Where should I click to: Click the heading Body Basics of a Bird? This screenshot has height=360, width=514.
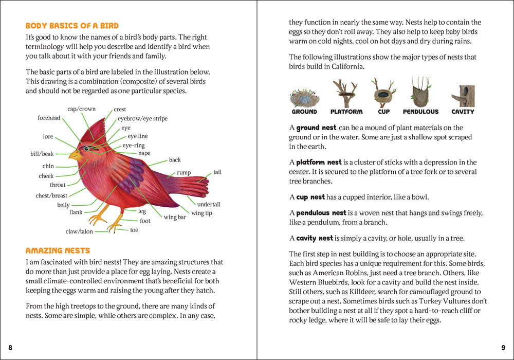coord(72,26)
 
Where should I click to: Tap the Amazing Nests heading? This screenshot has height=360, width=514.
coord(58,250)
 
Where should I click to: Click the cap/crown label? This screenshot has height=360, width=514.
coord(81,109)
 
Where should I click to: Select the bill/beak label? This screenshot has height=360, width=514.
coord(42,154)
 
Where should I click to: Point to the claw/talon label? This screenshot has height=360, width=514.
coord(79,231)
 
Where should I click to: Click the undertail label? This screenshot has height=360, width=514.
coord(209,204)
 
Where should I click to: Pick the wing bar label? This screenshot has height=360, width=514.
coord(175,217)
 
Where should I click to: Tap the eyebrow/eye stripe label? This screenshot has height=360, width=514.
coord(142,119)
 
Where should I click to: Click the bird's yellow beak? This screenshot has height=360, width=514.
coord(75,154)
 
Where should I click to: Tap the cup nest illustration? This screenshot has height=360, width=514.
coord(383,95)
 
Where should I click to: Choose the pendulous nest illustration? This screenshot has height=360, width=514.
coord(420,93)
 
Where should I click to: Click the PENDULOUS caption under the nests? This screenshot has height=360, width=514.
coord(420,112)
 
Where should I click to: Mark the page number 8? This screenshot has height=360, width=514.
coord(10,348)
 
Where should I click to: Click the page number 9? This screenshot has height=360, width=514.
coord(503,348)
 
